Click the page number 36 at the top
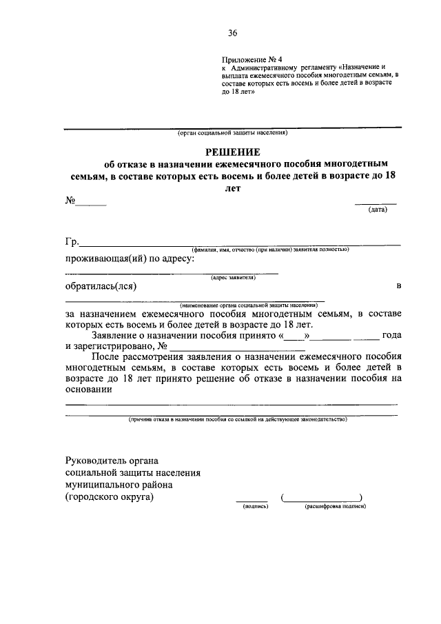(x=232, y=32)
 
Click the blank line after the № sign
(x=91, y=204)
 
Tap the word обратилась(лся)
(x=101, y=286)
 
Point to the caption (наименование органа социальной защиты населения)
(x=248, y=304)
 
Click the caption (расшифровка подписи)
(x=335, y=505)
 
